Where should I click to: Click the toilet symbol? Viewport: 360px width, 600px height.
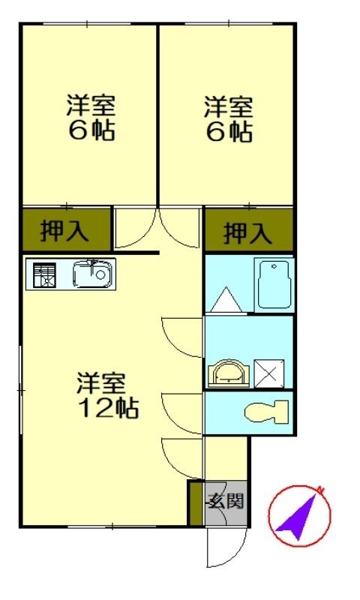coord(267,412)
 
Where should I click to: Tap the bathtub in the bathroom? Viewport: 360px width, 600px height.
coord(274,285)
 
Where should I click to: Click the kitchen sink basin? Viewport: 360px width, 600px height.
coord(93,274)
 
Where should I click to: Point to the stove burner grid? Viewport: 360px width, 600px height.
coord(45,274)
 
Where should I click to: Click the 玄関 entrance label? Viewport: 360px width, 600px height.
coord(226,501)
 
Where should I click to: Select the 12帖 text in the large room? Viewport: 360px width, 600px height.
coord(108,408)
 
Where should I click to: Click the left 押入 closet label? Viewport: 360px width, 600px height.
coord(64,230)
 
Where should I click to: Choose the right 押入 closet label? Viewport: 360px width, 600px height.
coord(248,232)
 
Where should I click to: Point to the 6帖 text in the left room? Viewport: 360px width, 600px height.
coord(91,130)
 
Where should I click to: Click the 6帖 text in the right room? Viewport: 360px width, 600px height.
coord(229,133)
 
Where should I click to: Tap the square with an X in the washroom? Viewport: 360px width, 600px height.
coord(269,373)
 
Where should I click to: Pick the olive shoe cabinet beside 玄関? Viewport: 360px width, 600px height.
coord(196,502)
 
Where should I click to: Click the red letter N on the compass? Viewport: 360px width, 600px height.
coord(320,490)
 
